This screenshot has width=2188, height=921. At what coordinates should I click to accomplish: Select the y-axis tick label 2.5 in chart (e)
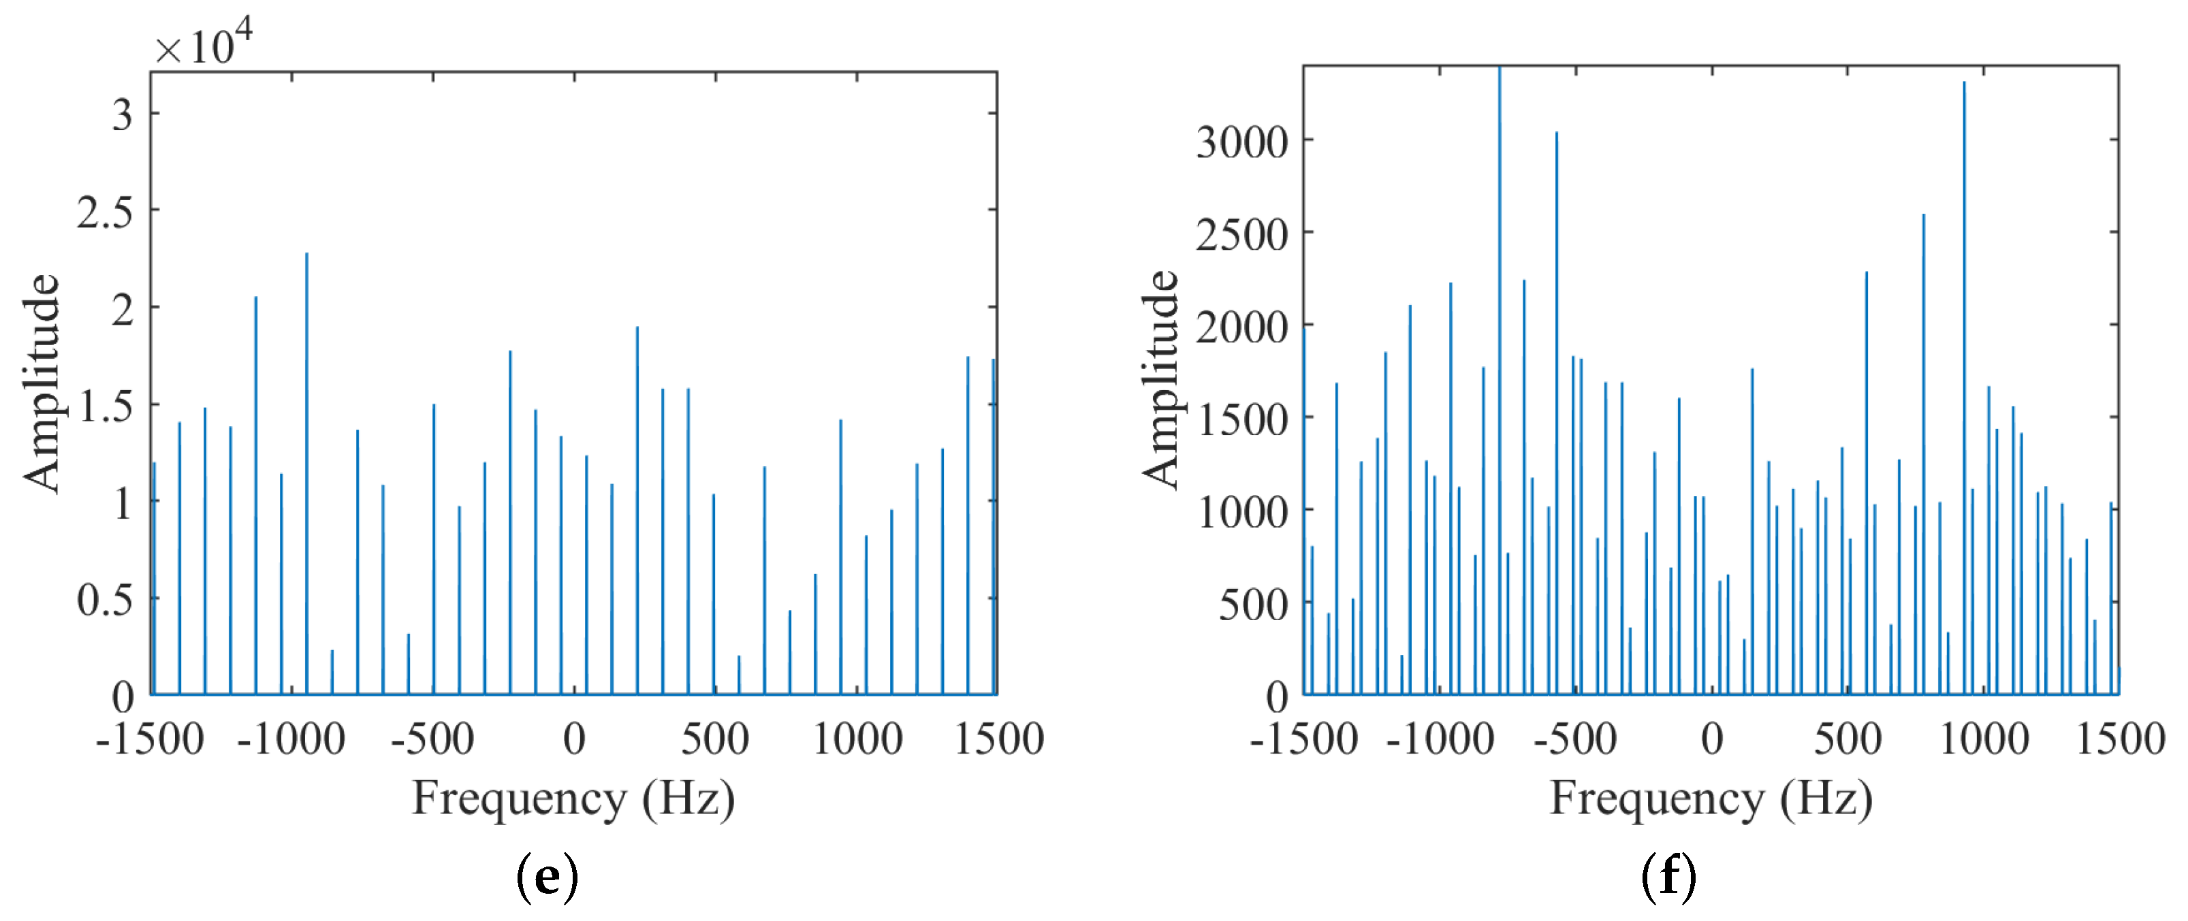click(106, 212)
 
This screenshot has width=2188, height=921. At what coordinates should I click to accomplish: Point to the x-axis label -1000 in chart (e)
click(291, 739)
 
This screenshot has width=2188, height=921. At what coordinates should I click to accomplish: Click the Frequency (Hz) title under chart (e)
click(573, 798)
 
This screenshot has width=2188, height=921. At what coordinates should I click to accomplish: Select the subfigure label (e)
click(548, 877)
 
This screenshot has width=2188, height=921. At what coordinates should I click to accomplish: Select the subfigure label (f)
click(1669, 877)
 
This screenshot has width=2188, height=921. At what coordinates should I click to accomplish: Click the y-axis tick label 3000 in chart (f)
click(1242, 142)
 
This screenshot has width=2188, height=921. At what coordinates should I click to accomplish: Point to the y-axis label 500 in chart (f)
click(1254, 604)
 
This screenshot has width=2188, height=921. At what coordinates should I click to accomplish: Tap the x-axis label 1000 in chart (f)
click(1984, 739)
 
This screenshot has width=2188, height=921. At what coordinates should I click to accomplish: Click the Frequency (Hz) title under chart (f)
click(1711, 798)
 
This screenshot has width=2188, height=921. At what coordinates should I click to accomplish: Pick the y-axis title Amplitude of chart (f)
click(1161, 379)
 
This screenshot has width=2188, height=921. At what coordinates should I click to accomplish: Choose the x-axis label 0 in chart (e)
click(574, 739)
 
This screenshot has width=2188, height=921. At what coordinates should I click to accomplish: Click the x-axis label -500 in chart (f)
click(1576, 739)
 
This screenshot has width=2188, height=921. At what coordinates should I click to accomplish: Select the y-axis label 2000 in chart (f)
click(1242, 327)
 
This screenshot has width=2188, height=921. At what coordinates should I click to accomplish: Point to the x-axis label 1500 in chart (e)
click(999, 739)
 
